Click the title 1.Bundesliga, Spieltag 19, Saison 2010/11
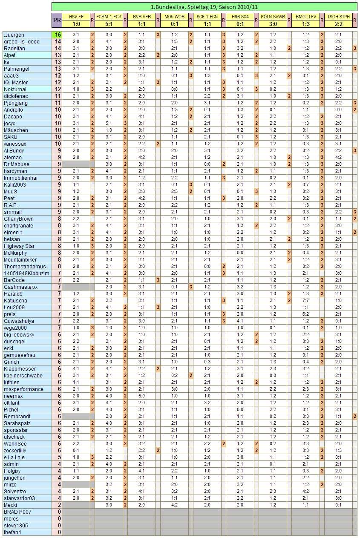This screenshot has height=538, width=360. (204, 7)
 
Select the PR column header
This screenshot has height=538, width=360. (57, 20)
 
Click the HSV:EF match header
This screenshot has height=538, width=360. (76, 17)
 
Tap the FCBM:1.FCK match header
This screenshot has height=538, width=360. (109, 17)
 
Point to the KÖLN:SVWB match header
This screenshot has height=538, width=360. (273, 17)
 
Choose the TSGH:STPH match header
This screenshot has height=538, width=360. (338, 17)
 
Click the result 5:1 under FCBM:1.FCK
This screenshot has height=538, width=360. (109, 24)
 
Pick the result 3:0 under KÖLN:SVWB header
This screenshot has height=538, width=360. (273, 24)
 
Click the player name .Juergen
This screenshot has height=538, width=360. (14, 35)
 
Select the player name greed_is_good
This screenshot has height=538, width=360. (21, 42)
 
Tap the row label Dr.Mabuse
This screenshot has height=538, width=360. (17, 164)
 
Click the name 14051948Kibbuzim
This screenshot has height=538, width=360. (26, 273)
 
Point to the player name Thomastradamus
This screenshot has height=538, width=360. (24, 267)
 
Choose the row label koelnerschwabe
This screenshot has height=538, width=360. (23, 376)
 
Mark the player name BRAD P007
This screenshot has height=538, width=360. (17, 512)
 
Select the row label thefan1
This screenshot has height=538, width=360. (13, 532)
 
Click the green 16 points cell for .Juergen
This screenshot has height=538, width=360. (57, 35)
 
